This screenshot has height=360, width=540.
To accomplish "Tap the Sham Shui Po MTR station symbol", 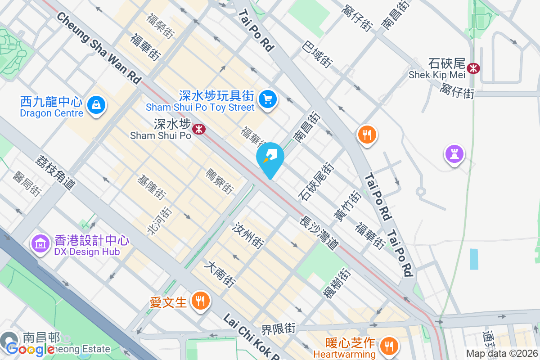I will pos(198,130).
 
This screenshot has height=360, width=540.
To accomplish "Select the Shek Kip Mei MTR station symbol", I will pos(473,68).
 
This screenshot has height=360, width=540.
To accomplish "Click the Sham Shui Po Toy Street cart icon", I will pos(268,99).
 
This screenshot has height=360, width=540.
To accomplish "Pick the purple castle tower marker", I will pos(454,154).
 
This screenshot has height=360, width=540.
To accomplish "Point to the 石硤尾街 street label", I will pos(316,181).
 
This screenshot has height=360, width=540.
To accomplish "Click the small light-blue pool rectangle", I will pos(474,259).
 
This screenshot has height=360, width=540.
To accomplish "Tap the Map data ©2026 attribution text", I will pos(501,354).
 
